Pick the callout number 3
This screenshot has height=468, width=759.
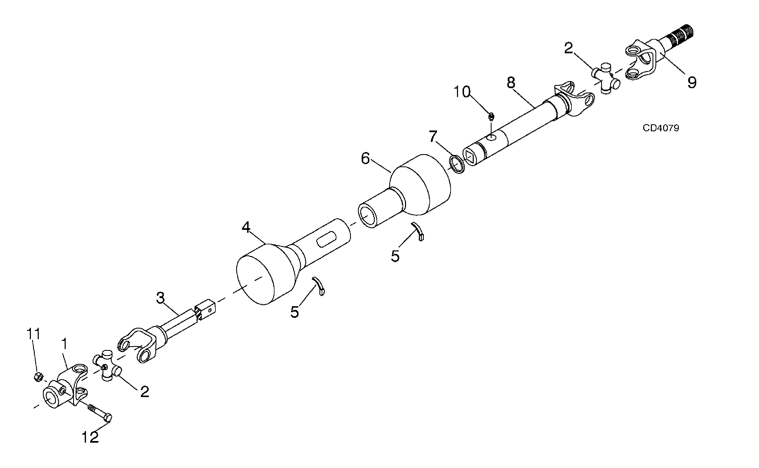[x=160, y=298]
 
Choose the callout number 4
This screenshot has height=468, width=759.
[x=246, y=228]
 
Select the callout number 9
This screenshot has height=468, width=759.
[x=692, y=82]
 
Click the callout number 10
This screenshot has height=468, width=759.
[x=462, y=92]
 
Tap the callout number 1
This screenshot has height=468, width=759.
[x=65, y=343]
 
